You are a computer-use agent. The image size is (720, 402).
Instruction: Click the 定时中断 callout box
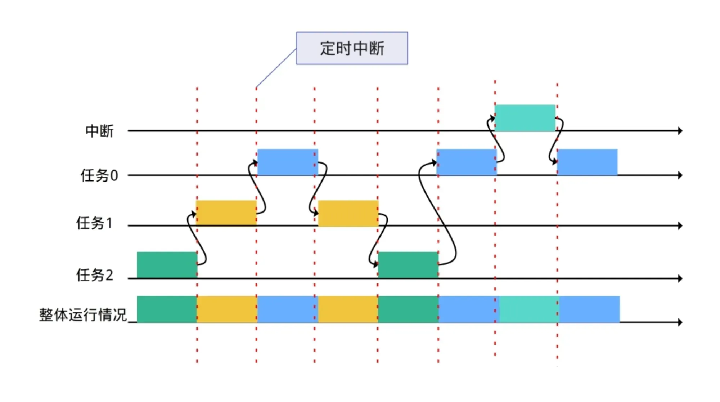click(x=352, y=48)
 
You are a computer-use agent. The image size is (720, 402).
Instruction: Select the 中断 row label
click(x=99, y=131)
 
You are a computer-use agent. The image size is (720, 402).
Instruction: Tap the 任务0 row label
click(x=99, y=175)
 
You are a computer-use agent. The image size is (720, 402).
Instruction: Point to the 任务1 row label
click(x=94, y=223)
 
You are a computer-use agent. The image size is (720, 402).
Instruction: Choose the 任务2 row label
click(x=94, y=275)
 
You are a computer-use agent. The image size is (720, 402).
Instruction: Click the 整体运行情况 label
click(x=83, y=314)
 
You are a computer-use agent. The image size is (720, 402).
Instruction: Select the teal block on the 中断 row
click(x=525, y=117)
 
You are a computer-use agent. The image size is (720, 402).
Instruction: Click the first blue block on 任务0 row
click(x=288, y=162)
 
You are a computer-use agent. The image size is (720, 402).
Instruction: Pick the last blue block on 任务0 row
click(x=587, y=162)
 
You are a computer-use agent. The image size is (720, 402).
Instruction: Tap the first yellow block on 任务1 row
click(x=226, y=213)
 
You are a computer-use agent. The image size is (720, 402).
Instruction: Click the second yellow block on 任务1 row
click(x=348, y=213)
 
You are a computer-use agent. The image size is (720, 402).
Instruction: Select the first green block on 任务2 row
click(x=167, y=265)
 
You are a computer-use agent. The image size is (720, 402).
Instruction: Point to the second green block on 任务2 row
click(x=408, y=265)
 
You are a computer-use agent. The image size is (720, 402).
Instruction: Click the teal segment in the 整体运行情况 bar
click(x=529, y=309)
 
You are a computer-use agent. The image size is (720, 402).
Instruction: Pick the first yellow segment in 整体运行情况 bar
click(x=227, y=309)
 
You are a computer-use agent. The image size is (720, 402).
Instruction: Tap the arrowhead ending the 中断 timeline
click(x=680, y=131)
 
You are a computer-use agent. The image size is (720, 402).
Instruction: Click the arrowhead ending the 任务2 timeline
click(x=680, y=278)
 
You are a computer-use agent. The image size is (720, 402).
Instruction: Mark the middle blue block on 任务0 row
click(x=467, y=162)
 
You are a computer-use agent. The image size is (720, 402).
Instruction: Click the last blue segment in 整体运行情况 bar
click(x=589, y=309)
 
